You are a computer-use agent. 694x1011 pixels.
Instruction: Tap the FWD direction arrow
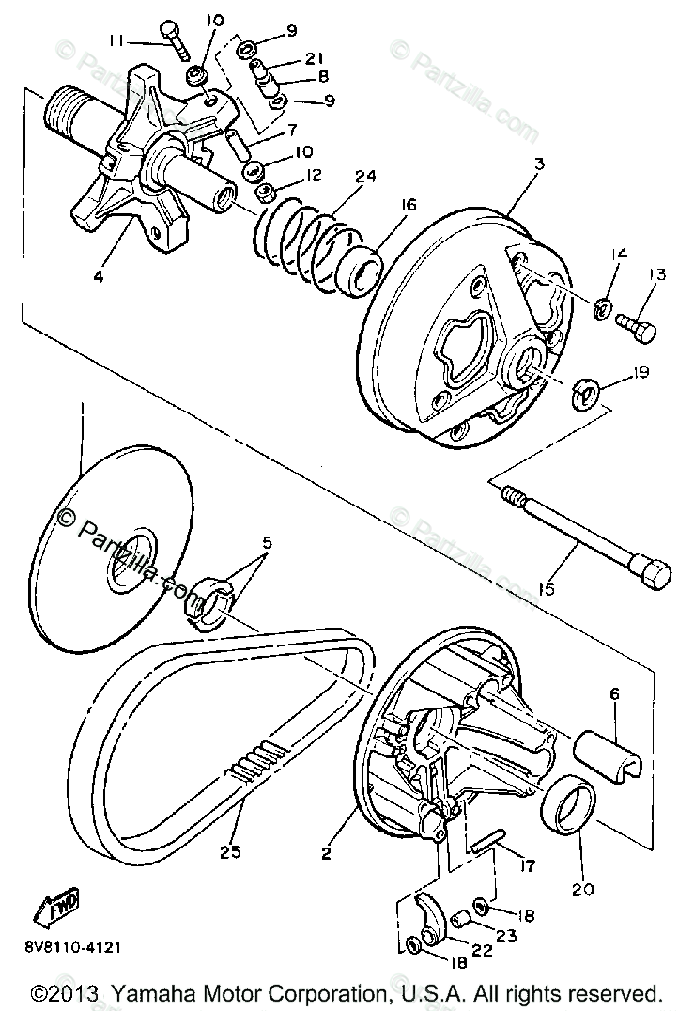(57, 906)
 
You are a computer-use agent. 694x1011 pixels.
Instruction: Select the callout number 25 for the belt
(231, 851)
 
